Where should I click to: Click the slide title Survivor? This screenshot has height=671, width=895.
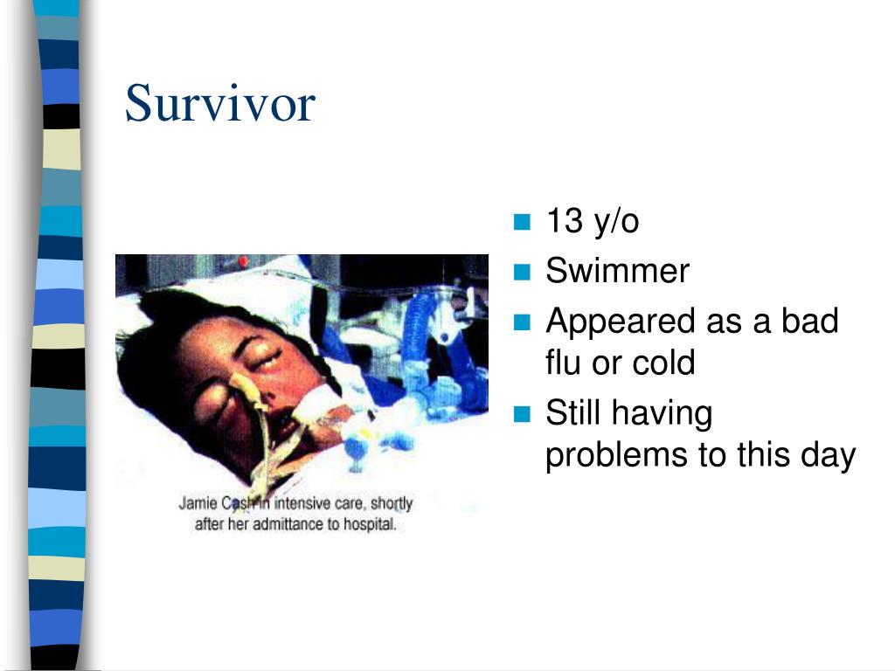pyautogui.click(x=219, y=103)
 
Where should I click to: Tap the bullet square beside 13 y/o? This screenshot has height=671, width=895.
pyautogui.click(x=522, y=221)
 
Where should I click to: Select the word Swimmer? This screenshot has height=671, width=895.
pyautogui.click(x=618, y=271)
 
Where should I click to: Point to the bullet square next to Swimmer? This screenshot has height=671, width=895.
pyautogui.click(x=522, y=272)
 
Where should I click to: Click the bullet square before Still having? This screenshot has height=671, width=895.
pyautogui.click(x=522, y=413)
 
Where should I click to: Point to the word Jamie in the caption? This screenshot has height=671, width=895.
pyautogui.click(x=198, y=503)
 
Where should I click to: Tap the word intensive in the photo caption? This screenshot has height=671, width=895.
pyautogui.click(x=302, y=503)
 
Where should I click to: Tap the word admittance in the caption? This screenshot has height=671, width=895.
pyautogui.click(x=287, y=524)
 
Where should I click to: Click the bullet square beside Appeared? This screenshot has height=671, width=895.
pyautogui.click(x=522, y=322)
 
